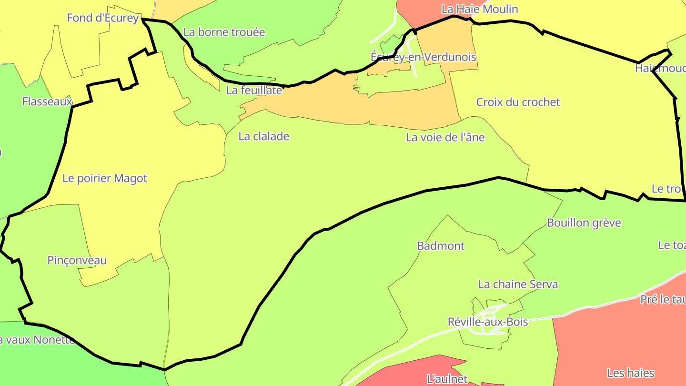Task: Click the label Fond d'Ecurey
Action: pos(103,18)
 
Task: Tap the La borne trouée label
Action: pos(224,32)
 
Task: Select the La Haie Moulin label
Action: pos(479,9)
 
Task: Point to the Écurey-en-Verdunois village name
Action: pos(423,57)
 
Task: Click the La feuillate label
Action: pos(254,91)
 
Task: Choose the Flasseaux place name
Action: pos(47,102)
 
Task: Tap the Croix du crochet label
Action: pos(518,102)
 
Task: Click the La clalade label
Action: pos(263,136)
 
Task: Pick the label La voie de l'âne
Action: pos(445,138)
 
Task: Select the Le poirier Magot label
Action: pos(105,179)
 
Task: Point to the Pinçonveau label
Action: pos(77,261)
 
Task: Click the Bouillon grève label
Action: pos(584,223)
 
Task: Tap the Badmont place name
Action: pos(440,246)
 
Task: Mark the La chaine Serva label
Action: pos(518,284)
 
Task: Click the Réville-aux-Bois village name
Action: pos(488,322)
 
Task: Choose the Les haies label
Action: pos(631,373)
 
